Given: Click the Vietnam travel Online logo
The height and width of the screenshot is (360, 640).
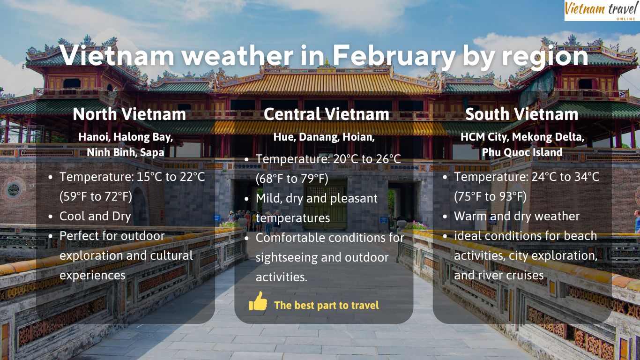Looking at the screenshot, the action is [x=602, y=11].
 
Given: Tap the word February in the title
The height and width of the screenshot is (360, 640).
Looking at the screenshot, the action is [x=394, y=56].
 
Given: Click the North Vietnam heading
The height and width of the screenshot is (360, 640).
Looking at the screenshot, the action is [x=129, y=114].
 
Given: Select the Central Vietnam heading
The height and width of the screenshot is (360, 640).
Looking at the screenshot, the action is [x=326, y=114].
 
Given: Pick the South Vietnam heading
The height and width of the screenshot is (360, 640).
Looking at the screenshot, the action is [x=522, y=114].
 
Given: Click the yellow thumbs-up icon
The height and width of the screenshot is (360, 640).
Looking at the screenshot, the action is [x=258, y=301].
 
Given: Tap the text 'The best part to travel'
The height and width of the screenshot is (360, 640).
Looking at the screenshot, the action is [x=327, y=305].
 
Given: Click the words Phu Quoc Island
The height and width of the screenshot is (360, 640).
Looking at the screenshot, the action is [x=522, y=152].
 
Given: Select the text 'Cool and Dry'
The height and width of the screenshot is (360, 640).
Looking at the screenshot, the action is [x=95, y=216].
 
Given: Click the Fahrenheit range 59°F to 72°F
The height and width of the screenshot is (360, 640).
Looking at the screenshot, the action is [x=96, y=197].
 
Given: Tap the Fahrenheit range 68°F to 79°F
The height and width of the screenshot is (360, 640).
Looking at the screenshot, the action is [x=292, y=179].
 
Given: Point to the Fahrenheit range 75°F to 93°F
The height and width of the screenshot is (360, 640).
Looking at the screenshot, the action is [x=490, y=197].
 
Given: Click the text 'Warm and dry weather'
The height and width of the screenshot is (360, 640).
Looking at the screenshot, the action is [x=517, y=216].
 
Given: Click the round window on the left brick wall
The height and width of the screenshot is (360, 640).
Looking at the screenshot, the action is [x=14, y=190].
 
